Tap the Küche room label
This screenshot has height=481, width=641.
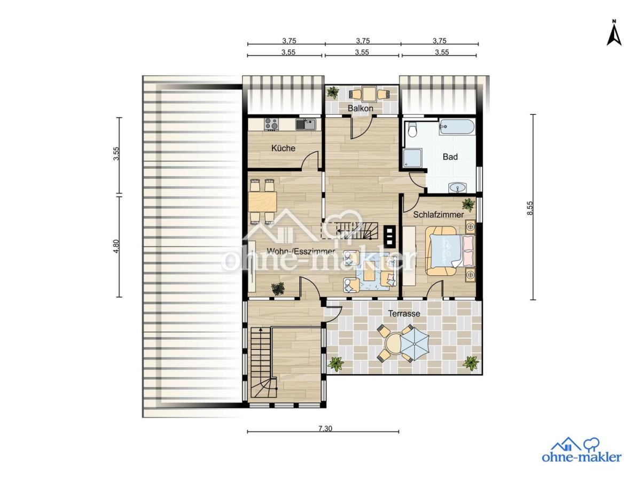pos(283,148)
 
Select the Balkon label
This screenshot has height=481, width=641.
pos(360,108)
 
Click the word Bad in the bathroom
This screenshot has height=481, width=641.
pos(450,157)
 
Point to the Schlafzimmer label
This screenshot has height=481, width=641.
pos(439,215)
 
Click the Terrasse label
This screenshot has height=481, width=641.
pos(404,314)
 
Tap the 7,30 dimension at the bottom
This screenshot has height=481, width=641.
pos(325,429)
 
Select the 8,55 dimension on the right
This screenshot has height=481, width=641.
pos(530,208)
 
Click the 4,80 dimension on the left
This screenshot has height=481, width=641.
pos(116,247)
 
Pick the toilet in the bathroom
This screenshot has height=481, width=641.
pos(412,130)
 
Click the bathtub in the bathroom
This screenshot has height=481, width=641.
pos(456,127)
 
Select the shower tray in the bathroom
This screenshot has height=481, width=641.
pos(412,158)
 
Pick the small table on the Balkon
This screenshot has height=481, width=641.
pos(369,94)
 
